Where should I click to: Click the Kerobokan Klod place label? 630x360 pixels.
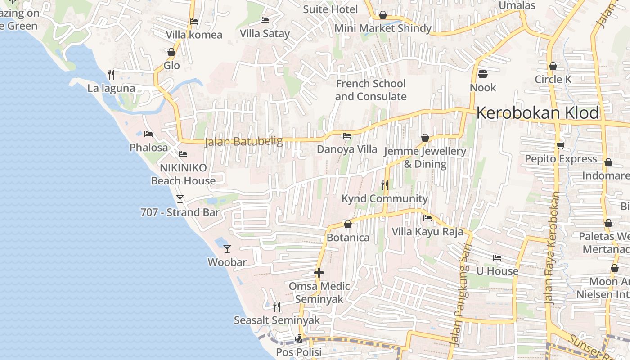538,113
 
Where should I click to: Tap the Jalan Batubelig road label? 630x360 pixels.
243,142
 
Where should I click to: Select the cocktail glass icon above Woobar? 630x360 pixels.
227,248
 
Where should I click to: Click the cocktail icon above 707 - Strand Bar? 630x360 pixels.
180,198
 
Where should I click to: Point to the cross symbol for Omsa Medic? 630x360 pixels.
319,272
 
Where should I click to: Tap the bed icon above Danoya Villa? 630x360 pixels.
346,135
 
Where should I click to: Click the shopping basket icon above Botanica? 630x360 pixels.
347,224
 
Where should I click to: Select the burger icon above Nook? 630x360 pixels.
483,73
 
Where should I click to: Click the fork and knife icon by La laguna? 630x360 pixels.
111,74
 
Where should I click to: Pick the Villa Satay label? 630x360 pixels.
265,33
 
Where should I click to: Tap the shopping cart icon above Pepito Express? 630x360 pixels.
560,145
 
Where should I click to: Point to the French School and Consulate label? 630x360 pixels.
370,90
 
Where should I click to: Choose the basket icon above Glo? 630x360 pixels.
171,52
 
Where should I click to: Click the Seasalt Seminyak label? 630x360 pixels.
277,320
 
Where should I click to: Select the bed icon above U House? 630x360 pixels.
497,258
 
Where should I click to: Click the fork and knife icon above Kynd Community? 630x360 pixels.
384,184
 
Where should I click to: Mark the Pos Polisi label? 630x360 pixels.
299,352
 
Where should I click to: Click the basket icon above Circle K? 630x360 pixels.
553,66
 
